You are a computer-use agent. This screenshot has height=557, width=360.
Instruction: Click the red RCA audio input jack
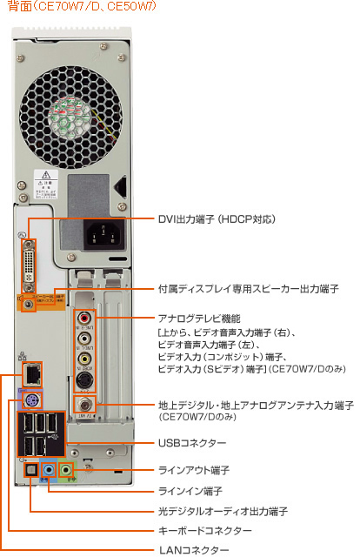(x=84, y=319)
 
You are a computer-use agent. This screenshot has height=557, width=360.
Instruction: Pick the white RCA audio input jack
(x=84, y=338)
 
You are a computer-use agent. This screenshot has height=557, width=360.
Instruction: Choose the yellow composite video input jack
(x=84, y=357)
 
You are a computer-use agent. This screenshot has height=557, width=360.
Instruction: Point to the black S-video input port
(x=84, y=379)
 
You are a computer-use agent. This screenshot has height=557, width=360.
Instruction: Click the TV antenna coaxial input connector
(x=84, y=405)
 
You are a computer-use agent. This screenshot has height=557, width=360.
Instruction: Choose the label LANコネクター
(x=193, y=550)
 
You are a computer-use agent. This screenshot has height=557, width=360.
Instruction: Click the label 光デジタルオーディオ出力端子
(x=223, y=510)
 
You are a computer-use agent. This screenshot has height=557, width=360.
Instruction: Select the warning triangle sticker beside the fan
(x=43, y=178)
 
